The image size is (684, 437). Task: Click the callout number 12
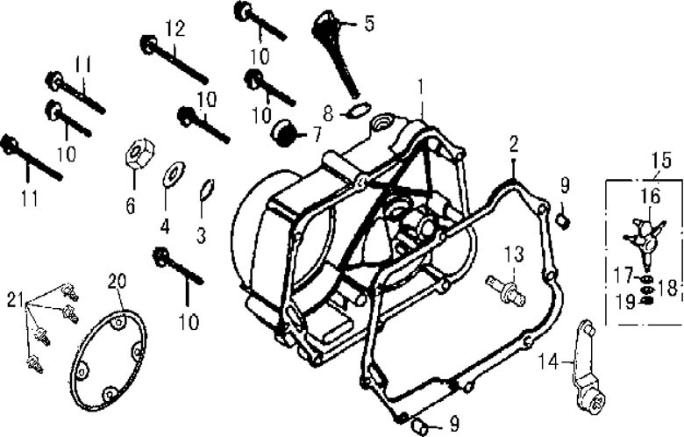(175, 29)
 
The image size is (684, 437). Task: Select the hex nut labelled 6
(139, 154)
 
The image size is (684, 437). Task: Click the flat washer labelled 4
(173, 174)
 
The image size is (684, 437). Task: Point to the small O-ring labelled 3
(206, 190)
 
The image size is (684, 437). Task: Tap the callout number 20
(118, 281)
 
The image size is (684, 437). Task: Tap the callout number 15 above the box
(662, 161)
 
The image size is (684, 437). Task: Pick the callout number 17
(623, 275)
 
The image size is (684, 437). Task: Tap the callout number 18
(667, 287)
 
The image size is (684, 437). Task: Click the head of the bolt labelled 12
(149, 44)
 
